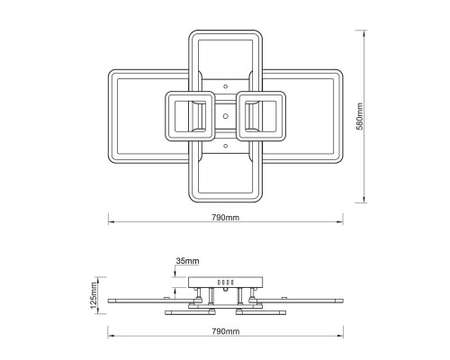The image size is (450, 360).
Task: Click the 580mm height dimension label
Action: tap(359, 116)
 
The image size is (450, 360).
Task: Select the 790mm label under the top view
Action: tap(226, 218)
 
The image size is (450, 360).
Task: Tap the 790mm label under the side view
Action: tap(226, 331)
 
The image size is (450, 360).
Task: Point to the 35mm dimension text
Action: tap(187, 261)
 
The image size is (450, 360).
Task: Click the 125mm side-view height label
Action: tap(94, 295)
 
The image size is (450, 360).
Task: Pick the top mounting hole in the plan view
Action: tap(226, 86)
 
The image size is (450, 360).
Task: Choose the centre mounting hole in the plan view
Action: tap(226, 116)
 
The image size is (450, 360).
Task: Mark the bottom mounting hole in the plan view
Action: tap(226, 146)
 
